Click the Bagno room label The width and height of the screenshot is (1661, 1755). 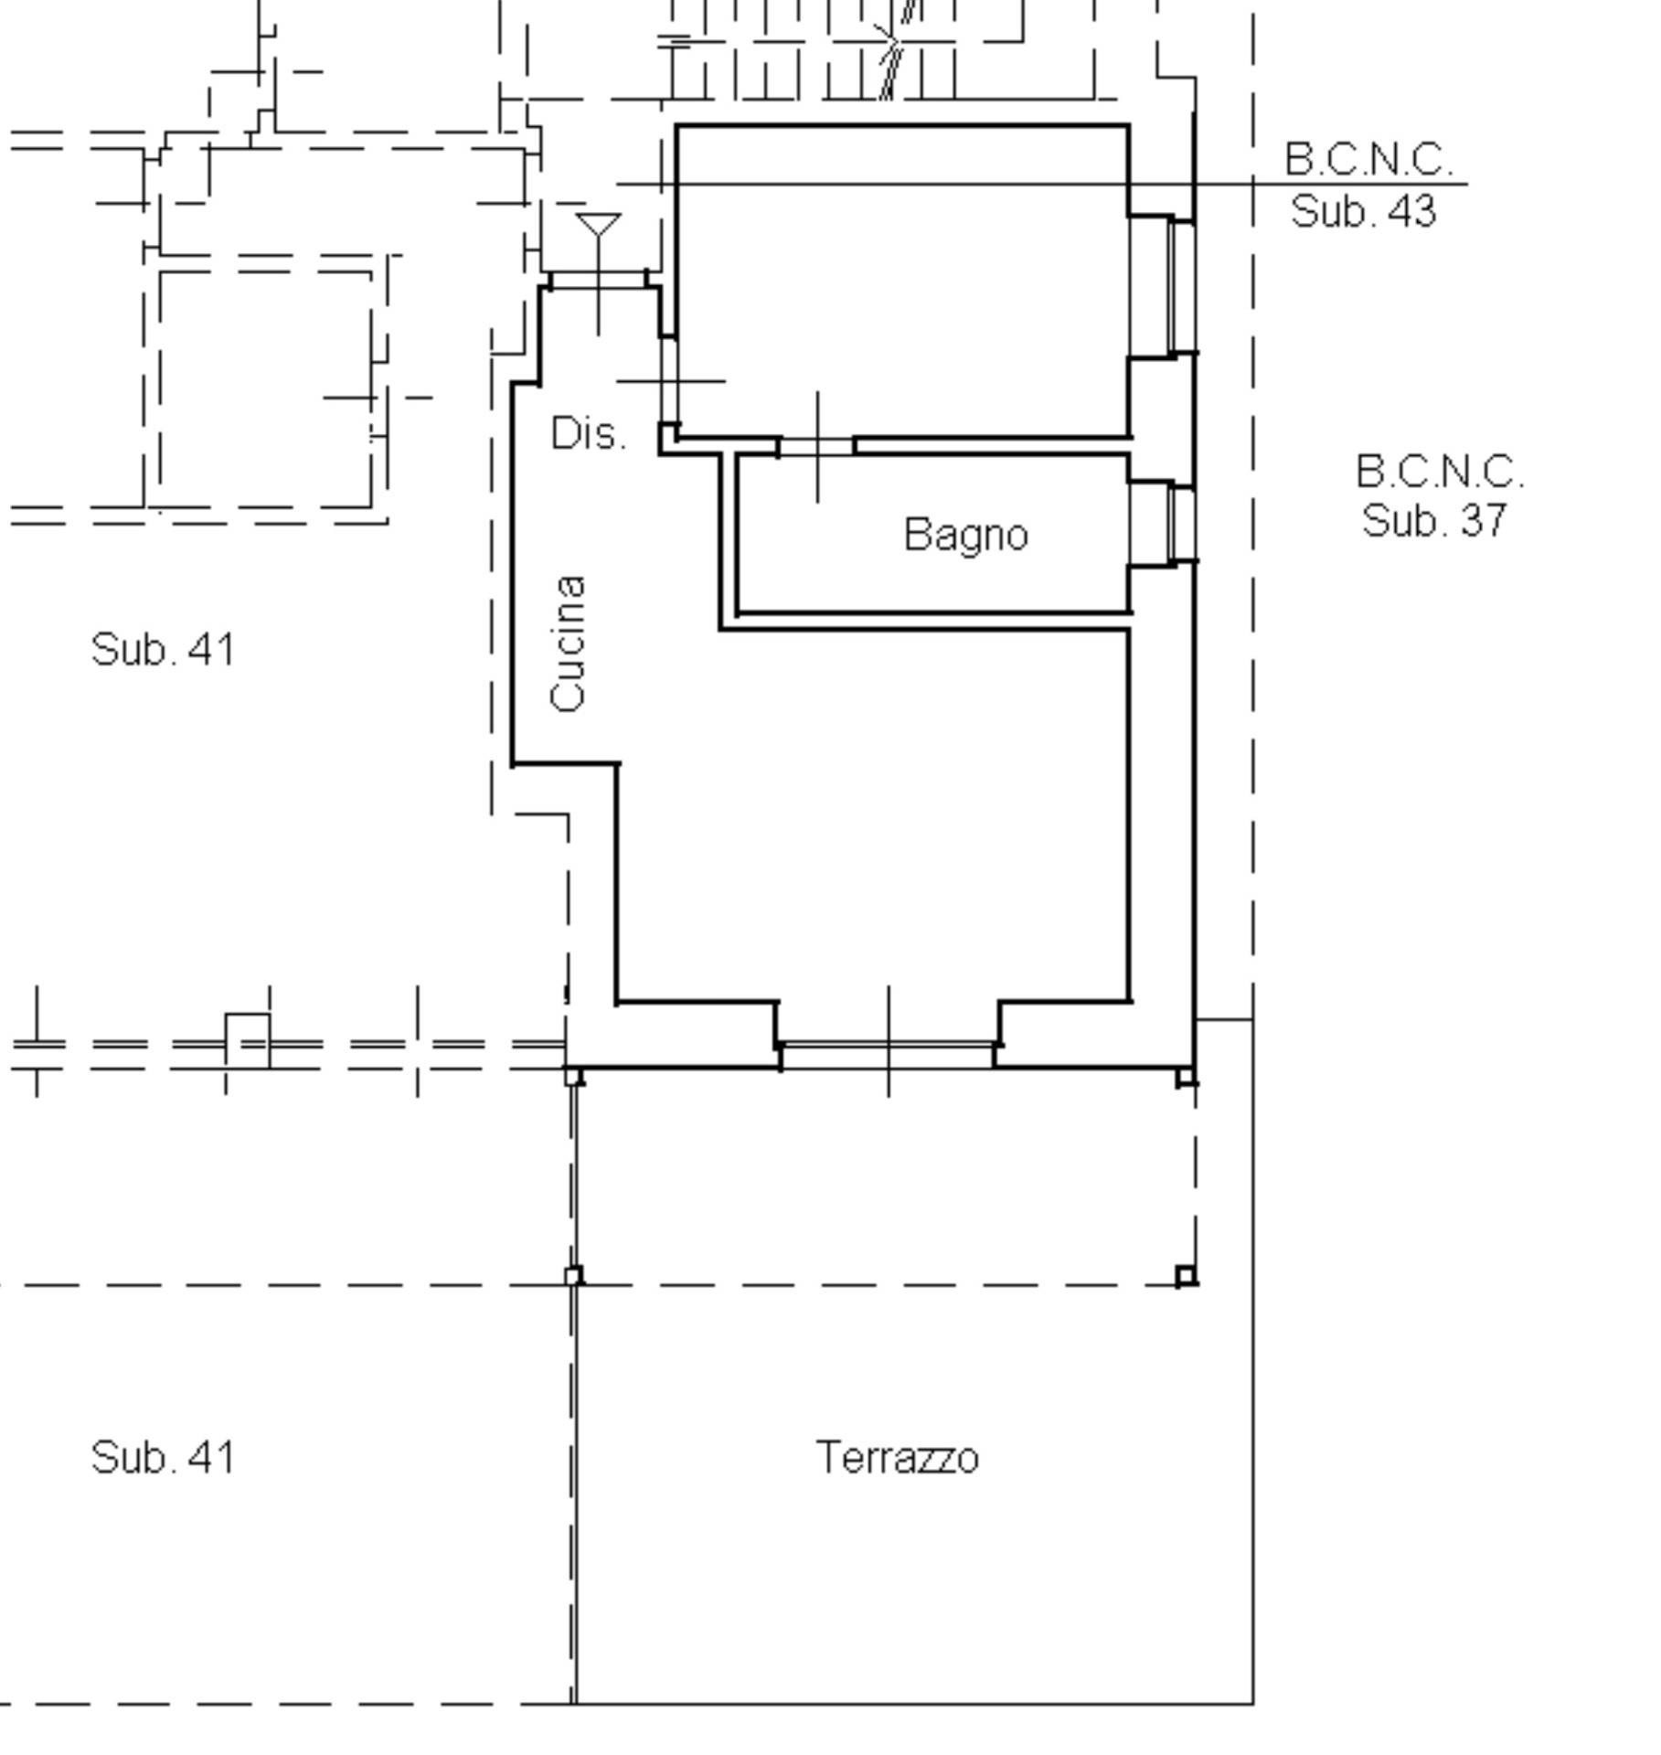coord(966,536)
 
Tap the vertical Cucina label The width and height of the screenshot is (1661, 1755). coord(569,643)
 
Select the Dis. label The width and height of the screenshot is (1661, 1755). coord(590,433)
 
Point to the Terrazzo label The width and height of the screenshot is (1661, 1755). coord(897,1457)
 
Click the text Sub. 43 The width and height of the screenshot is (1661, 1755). coord(1363,212)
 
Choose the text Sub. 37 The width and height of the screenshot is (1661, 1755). coord(1433,521)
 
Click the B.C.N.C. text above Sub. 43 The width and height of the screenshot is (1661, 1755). coord(1368,160)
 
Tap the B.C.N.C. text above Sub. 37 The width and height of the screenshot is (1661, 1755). coord(1440,473)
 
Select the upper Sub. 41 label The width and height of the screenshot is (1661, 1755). coord(163,650)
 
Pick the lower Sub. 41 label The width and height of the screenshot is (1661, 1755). coord(163,1457)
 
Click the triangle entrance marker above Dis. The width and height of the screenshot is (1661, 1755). coord(599,226)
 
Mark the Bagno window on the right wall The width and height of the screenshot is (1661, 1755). coord(1181,524)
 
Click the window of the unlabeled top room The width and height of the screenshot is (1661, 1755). coord(1181,287)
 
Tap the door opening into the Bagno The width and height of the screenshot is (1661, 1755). coord(816,447)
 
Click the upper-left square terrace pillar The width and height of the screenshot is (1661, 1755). coord(573,1077)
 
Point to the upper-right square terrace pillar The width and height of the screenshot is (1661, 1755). coord(1186,1077)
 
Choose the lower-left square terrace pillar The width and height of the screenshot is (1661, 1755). coord(573,1276)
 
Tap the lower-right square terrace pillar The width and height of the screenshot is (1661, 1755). coord(1186,1276)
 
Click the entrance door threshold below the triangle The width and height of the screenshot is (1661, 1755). coord(599,281)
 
